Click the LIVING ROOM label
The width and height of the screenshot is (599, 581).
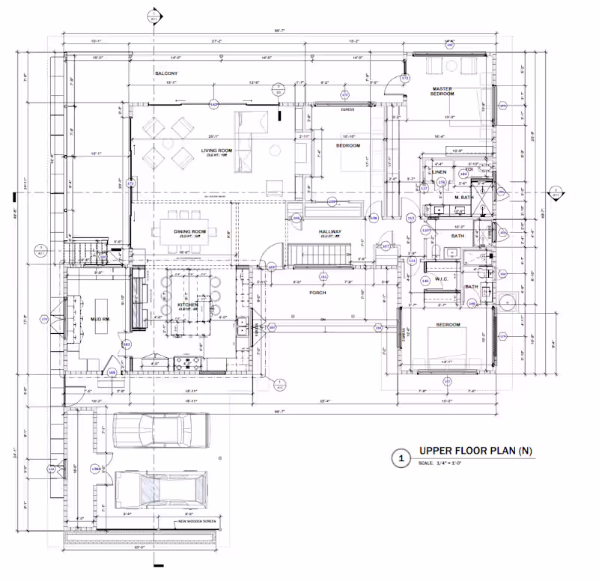(x=216, y=151)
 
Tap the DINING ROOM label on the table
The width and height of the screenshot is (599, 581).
(x=190, y=232)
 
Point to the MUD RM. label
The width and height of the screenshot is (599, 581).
(x=100, y=320)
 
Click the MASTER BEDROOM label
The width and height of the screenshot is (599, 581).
(x=442, y=91)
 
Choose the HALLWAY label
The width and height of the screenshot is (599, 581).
(x=329, y=232)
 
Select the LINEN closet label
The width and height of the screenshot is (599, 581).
(x=440, y=172)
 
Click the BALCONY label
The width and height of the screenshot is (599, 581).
(x=166, y=73)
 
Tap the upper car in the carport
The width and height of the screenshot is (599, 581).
(x=160, y=432)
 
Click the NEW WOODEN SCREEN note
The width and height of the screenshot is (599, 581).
(x=198, y=522)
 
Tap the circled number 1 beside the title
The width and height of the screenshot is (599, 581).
(x=401, y=456)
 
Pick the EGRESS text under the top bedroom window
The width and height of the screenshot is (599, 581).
(x=347, y=109)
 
